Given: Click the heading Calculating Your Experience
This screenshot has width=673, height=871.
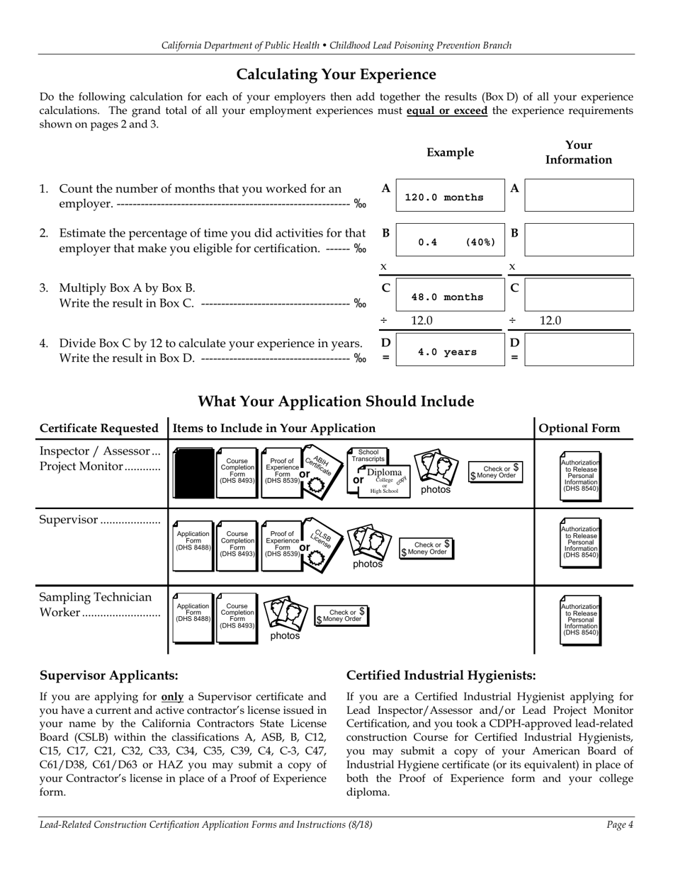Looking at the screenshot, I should (336, 74).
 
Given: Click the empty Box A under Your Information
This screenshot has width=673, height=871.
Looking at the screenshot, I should (579, 195).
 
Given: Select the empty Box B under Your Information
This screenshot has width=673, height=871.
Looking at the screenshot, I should (579, 241).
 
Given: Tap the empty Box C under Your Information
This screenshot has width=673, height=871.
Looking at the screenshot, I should (579, 295).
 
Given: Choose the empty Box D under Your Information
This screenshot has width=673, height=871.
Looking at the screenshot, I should (579, 349).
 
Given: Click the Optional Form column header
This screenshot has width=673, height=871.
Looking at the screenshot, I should (579, 428).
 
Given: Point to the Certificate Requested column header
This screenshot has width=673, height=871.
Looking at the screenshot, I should (99, 428).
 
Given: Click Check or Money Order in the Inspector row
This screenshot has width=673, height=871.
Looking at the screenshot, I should (497, 472).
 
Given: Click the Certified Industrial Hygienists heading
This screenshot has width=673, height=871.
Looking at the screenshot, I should (441, 676).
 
